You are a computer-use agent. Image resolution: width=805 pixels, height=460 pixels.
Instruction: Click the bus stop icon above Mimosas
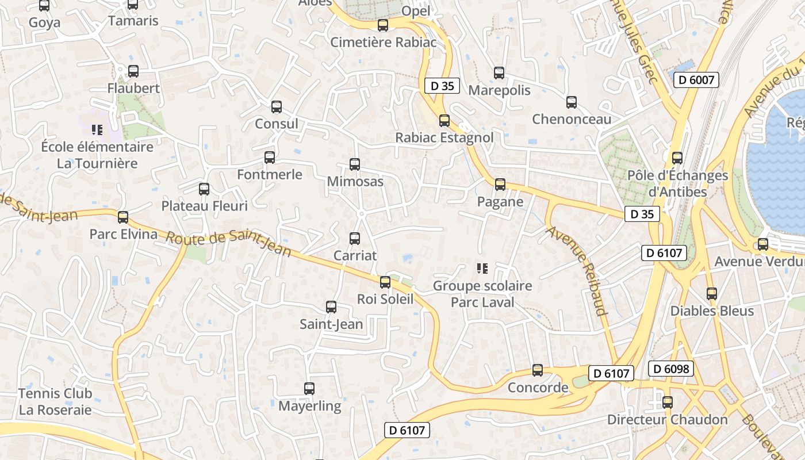pos(355,164)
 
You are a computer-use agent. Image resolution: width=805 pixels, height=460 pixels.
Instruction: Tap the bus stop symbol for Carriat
pos(355,238)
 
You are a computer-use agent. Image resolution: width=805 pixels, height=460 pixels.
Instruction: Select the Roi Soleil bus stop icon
pos(385,282)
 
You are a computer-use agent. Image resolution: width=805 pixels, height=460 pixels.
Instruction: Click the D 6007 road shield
pos(696,80)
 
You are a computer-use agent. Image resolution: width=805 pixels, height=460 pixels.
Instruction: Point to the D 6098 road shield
pos(671,369)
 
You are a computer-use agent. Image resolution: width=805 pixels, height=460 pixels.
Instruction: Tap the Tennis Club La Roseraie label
pos(55,401)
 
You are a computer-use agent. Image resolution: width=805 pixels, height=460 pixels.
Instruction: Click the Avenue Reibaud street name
pos(577,271)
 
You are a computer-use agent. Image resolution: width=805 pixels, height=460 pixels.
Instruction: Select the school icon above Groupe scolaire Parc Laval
pos(482,268)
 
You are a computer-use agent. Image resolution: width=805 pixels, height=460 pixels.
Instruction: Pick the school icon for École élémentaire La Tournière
pos(97,130)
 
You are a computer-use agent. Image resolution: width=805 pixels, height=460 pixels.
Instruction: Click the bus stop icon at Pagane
pos(500,185)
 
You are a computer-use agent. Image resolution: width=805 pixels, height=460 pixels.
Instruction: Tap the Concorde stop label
pos(538,388)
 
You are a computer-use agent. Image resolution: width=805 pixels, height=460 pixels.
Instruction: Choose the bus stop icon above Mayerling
pos(309,389)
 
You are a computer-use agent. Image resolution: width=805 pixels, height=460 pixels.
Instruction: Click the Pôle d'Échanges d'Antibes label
pos(677,183)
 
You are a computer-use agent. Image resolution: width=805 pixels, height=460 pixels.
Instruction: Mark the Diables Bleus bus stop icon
pos(712,294)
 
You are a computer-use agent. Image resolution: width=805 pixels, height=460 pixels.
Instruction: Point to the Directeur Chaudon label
pos(668,420)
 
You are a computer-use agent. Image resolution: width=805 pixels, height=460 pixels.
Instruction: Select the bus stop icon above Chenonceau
pos(572,102)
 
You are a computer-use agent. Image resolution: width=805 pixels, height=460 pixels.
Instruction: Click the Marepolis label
pos(499,90)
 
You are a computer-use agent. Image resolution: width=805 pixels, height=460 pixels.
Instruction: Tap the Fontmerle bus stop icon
pos(270,158)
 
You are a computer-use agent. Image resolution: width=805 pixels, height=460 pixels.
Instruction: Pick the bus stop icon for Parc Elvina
pos(123,217)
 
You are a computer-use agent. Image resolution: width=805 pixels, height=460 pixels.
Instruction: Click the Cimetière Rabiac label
pos(383,42)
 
